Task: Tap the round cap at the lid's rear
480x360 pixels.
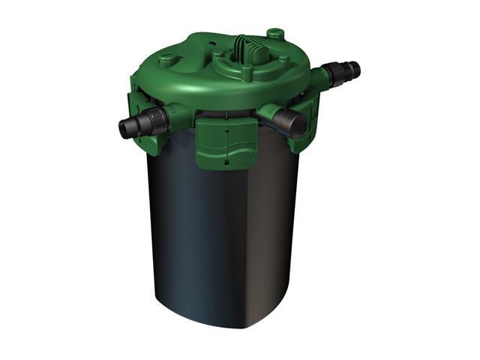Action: pos(276,34)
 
